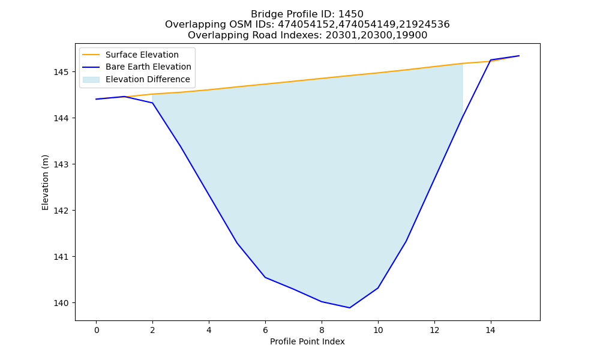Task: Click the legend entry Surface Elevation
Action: coord(142,55)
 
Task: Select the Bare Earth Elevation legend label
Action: coord(148,67)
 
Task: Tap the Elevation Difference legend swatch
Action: coord(91,80)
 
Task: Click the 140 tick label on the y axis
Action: coord(62,303)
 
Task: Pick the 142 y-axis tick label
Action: coord(62,211)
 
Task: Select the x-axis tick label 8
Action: coord(322,330)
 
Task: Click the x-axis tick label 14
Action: coord(491,330)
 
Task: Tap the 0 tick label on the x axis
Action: coord(97,330)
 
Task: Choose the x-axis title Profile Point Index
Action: coord(307,341)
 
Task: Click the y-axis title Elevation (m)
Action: coord(46,182)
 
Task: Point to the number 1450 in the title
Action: coord(351,14)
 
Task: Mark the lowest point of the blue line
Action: coord(350,308)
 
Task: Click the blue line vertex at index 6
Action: coord(265,277)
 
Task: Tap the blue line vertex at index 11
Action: coord(406,241)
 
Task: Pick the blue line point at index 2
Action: coord(152,103)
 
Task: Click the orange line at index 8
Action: coord(322,79)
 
